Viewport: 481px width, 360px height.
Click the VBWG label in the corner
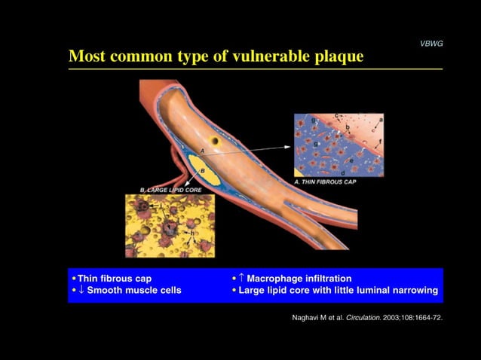pyautogui.click(x=431, y=44)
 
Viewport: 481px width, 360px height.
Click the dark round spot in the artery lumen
pyautogui.click(x=215, y=140)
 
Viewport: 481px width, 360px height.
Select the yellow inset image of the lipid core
pyautogui.click(x=170, y=225)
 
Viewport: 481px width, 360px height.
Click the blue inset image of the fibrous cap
pyautogui.click(x=339, y=145)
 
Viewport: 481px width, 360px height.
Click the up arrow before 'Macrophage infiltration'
pyautogui.click(x=244, y=278)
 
